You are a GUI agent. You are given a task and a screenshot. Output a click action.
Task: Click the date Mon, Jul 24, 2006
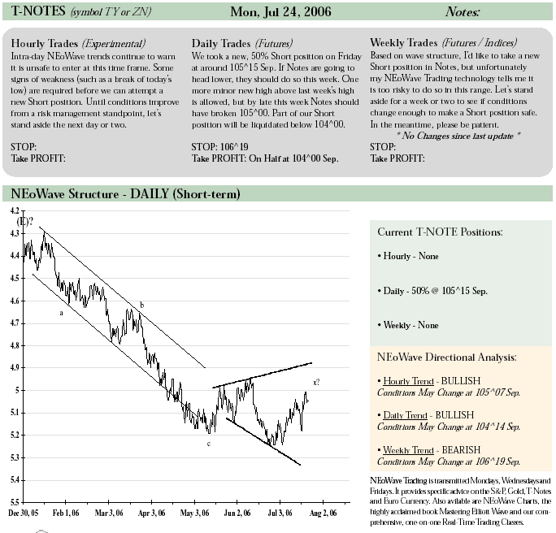280,11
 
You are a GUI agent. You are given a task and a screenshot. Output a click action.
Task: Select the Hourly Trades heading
45,43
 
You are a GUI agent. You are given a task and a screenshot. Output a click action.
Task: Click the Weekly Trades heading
403,42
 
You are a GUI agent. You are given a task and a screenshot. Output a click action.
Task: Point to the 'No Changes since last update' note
458,136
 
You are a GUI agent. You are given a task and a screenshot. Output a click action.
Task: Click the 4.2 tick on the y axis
15,211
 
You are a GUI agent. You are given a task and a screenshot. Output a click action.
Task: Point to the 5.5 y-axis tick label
15,502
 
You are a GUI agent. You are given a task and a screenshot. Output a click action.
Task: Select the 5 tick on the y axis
17,390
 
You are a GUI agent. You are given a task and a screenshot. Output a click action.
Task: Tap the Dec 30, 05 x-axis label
23,513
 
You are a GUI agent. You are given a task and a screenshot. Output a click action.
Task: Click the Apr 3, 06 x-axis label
151,513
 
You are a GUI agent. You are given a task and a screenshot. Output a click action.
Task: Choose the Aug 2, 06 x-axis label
323,513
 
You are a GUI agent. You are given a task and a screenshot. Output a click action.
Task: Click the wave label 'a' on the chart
61,313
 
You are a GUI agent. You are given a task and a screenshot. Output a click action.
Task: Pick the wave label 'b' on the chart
141,305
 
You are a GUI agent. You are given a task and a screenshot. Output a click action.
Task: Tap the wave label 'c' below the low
208,444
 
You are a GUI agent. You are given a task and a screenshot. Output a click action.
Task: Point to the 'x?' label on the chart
316,382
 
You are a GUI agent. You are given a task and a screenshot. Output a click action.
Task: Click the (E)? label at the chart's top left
25,222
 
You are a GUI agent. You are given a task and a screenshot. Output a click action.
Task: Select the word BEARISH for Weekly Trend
461,450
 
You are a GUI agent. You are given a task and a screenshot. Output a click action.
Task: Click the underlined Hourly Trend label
408,381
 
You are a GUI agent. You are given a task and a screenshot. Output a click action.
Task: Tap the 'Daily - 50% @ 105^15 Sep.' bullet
432,291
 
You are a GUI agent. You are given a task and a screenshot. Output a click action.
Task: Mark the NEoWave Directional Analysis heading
446,357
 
